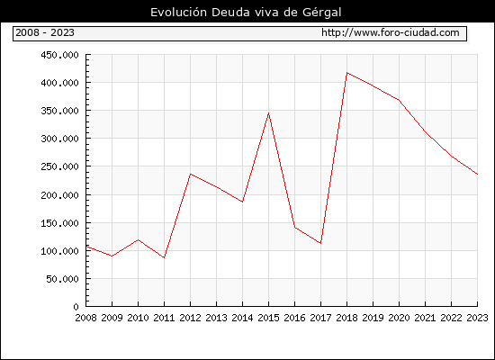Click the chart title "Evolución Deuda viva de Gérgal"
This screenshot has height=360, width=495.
point(246,13)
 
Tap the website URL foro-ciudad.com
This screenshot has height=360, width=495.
point(391,32)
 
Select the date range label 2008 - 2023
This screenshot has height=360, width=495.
point(45,32)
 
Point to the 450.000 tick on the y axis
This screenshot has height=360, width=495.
point(59,55)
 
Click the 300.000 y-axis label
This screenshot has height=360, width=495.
point(59,139)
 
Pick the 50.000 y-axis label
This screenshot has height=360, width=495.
point(62,279)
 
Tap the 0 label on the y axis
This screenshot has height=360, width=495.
point(76,307)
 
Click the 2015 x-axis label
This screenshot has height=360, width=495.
point(269,318)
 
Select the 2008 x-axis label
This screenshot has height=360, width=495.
point(85,318)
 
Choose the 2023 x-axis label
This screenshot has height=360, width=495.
point(477,318)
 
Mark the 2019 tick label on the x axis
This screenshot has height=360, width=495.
point(373,318)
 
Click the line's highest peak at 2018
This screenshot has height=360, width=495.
point(346,73)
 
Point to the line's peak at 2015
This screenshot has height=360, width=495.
point(269,113)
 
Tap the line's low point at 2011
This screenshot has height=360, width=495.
point(164,257)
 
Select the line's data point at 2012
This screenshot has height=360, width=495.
point(191,174)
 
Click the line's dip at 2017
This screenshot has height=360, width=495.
point(320,243)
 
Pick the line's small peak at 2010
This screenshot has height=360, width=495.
point(139,239)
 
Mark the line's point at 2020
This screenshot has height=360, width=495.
point(399,100)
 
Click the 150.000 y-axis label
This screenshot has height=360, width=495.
point(59,223)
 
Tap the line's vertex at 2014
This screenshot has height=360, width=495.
point(242,202)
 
